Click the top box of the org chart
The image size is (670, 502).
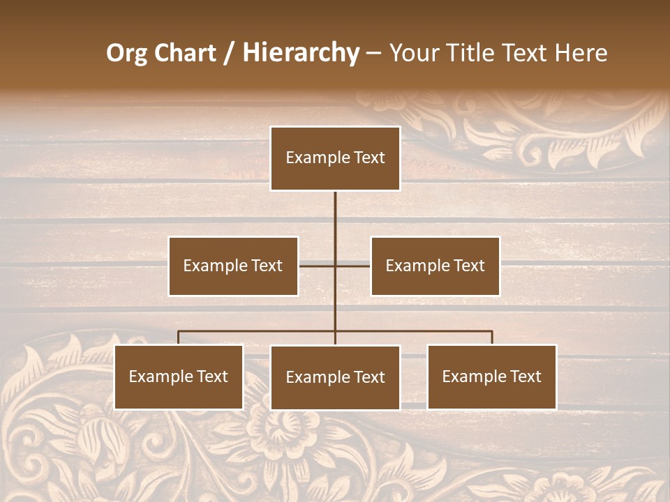tap(335, 158)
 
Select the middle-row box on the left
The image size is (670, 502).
tap(233, 266)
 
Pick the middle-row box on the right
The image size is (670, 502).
tap(435, 266)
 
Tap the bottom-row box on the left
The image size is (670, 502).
tap(179, 377)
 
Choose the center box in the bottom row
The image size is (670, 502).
tap(335, 378)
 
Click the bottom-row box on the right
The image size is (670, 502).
tap(492, 377)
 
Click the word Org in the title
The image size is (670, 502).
tap(126, 53)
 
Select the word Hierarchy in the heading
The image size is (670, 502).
tap(300, 53)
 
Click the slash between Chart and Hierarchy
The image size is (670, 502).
tap(229, 53)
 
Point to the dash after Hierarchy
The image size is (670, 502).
tap(373, 53)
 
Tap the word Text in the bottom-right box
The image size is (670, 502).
tap(526, 377)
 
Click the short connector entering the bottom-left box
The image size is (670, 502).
tap(179, 337)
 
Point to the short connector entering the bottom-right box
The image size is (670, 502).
tap(492, 337)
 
